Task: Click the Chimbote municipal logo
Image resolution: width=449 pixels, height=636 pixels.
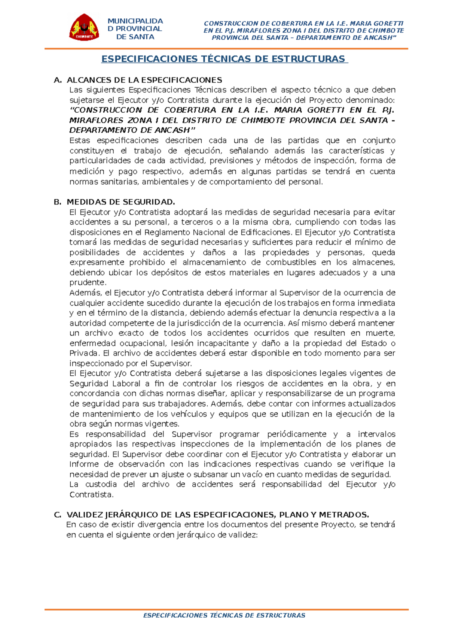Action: pos(84,28)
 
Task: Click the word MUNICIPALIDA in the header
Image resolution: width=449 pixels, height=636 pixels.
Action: pos(135,21)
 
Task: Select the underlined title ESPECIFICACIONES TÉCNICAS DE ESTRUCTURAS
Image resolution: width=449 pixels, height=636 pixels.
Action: pos(224,59)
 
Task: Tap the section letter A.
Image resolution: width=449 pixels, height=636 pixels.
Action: pos(57,80)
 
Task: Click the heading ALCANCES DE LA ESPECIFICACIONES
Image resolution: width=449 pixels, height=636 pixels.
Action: pos(144,80)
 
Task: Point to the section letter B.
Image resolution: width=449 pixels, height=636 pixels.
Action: pos(57,202)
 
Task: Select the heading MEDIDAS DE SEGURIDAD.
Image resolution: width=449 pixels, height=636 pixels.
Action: pos(120,202)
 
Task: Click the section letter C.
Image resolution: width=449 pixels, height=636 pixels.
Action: pos(57,515)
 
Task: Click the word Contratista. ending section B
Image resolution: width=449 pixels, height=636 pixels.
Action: pos(91,495)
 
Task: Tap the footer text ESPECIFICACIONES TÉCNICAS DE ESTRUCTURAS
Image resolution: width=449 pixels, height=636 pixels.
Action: pos(224,615)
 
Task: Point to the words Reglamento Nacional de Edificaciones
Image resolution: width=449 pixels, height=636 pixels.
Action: pos(217,232)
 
